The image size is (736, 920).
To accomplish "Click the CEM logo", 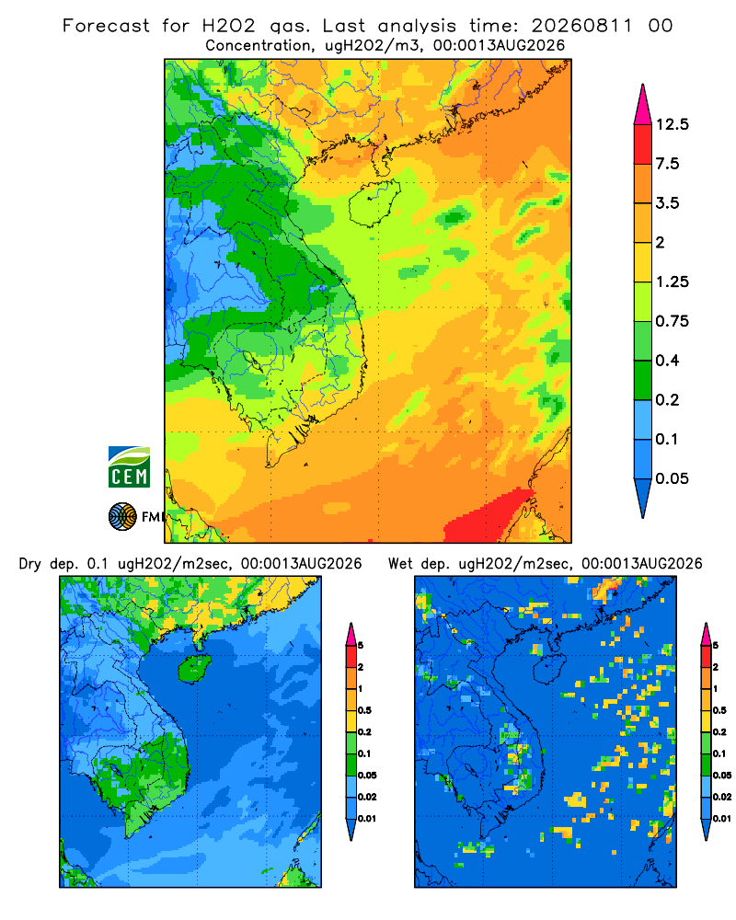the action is pos(129,467).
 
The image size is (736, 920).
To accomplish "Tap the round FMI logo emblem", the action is pos(122,517).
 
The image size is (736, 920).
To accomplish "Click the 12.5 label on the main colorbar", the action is pos(672,124).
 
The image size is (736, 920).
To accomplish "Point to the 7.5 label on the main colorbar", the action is pos(667,164).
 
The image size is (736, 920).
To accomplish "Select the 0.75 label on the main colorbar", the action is pos(672,321).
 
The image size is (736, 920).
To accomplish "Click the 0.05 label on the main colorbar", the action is pos(672,478).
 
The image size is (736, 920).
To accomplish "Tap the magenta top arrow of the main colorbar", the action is pos(643,105).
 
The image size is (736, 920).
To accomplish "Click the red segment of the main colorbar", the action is pos(643,144).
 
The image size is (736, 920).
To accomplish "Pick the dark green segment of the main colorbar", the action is pos(643,380).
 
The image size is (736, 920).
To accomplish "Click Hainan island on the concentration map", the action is pos(374,203).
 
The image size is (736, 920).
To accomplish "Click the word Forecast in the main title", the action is pos(106,26).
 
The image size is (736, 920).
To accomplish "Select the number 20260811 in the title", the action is pos(582,26).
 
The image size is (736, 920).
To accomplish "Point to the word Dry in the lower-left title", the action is pos(30,564).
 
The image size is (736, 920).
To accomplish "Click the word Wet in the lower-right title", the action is pos(401,564).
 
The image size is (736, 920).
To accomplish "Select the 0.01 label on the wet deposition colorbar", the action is pos(722,819).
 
